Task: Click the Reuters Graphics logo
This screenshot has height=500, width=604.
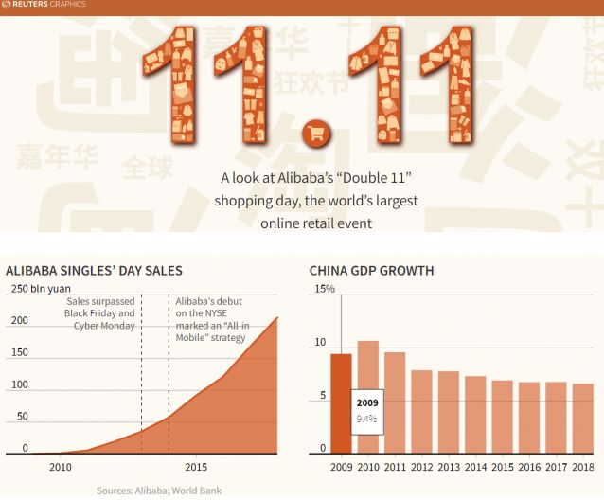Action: tap(44, 5)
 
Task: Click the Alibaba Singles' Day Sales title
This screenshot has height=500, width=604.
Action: tap(94, 271)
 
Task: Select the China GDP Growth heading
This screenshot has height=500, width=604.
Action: tap(371, 271)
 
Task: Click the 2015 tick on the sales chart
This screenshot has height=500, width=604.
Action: tap(196, 467)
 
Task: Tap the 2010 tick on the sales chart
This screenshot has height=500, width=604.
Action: tap(60, 467)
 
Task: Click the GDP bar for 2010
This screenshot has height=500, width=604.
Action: tap(368, 397)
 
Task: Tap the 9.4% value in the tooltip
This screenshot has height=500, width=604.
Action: tap(366, 418)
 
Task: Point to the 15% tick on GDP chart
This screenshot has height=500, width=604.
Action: tap(325, 289)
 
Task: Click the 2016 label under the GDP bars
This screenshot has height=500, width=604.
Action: tap(530, 467)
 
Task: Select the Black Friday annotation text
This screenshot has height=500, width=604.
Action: tap(99, 313)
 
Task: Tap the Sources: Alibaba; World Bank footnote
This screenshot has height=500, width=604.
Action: tap(158, 491)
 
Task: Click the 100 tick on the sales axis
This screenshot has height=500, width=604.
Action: tap(19, 384)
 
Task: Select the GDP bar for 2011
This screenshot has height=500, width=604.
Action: tap(395, 402)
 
